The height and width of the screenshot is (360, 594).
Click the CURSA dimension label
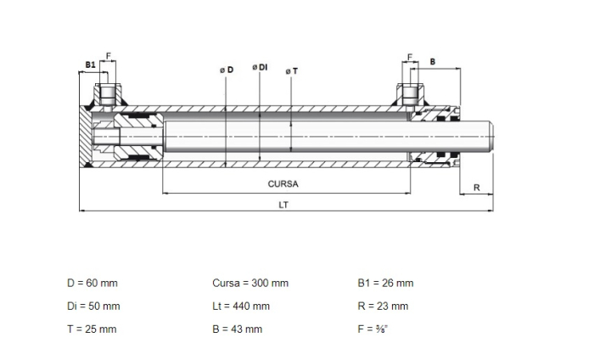click(283, 184)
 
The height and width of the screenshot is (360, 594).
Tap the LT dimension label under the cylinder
click(283, 205)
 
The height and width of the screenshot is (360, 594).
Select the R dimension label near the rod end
click(477, 188)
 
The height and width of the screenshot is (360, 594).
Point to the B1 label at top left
click(90, 65)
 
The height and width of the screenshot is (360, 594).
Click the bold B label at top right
click(433, 62)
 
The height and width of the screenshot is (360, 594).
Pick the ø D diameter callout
click(227, 70)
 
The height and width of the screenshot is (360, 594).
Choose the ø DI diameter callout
click(260, 67)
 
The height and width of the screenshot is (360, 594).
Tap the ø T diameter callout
click(292, 71)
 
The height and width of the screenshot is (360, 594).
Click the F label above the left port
click(109, 56)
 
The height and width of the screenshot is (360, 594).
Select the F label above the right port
click(410, 57)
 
